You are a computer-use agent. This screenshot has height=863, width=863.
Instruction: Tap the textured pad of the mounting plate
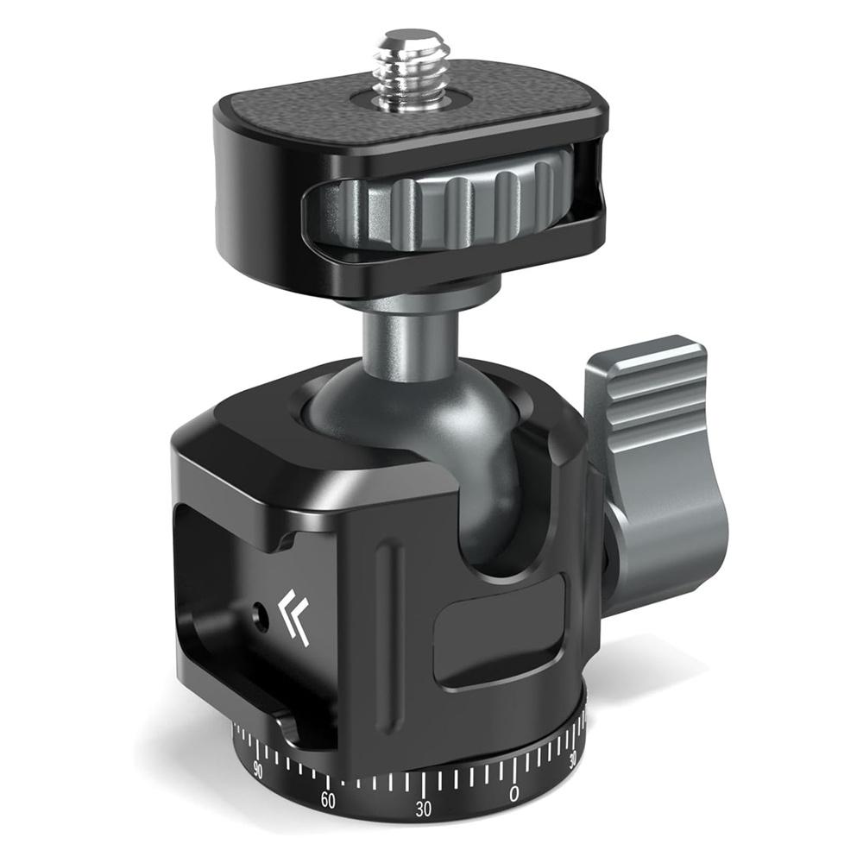[483, 117]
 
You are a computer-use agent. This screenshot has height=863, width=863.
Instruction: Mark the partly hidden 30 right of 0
[574, 759]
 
